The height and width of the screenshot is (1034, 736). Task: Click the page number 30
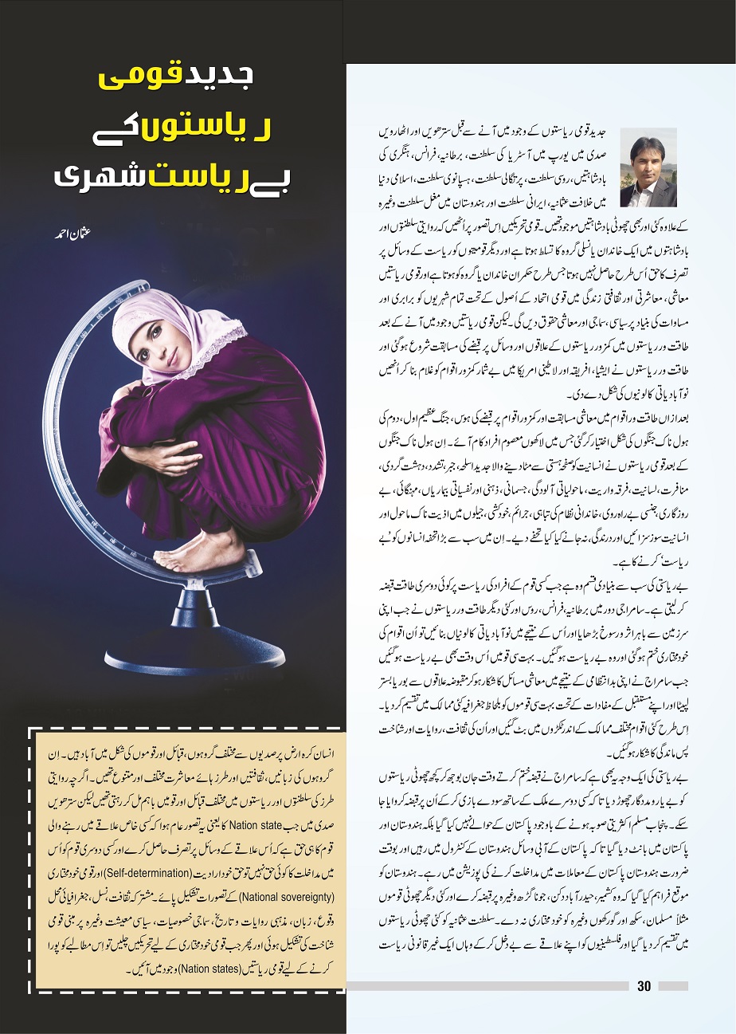644,986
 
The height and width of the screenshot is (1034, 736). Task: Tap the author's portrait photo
647,171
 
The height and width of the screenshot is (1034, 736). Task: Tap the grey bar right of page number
673,986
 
